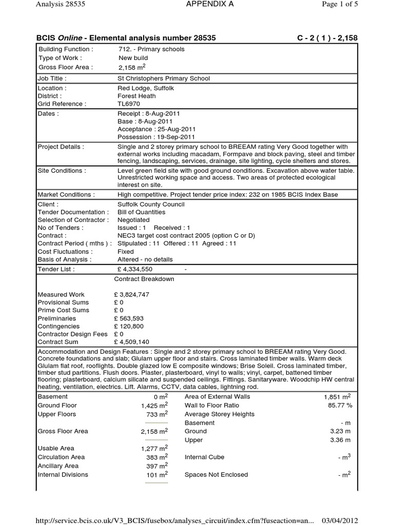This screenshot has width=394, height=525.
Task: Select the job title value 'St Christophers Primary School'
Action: [x=164, y=78]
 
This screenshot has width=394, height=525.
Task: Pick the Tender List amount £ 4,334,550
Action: [x=135, y=269]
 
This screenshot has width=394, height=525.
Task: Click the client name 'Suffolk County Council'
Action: [x=151, y=204]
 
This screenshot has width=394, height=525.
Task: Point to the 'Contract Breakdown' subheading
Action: [x=144, y=279]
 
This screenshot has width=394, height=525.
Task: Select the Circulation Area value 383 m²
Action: [x=156, y=457]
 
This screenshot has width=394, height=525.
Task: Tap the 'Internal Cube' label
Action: [x=204, y=457]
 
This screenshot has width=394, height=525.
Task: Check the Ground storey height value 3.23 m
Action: [x=341, y=431]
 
